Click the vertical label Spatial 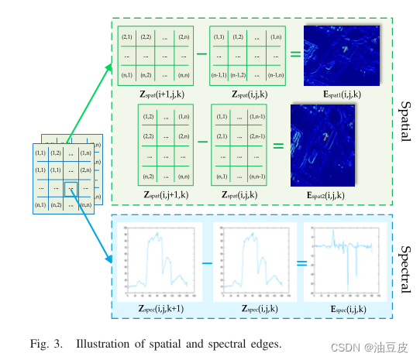coord(404,120)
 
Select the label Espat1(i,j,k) coord(341,94)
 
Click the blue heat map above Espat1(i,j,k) coord(341,55)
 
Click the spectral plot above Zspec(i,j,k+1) coord(161,262)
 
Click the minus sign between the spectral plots coord(207,263)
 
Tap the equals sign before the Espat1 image coord(295,54)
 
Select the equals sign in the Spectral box coord(301,263)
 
